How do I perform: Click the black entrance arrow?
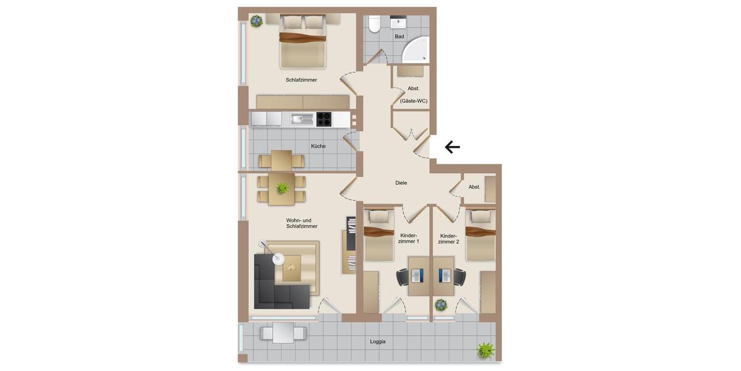click(x=453, y=147)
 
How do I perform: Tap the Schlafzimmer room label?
click(x=301, y=80)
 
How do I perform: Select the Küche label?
click(x=318, y=147)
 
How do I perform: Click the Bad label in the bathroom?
click(x=400, y=36)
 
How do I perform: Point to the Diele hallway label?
click(x=401, y=183)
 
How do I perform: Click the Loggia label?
click(x=378, y=341)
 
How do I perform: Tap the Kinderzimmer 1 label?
click(x=409, y=239)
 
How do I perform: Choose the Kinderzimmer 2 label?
click(x=448, y=239)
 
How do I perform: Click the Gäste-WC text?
click(x=414, y=101)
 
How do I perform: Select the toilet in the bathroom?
click(x=374, y=23)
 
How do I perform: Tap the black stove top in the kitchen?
click(x=324, y=119)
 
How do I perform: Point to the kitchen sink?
click(x=303, y=119)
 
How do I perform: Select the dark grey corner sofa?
click(x=278, y=284)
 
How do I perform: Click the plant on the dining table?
click(x=283, y=187)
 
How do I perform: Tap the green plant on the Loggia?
click(x=486, y=351)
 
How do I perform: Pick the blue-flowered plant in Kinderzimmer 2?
click(x=441, y=305)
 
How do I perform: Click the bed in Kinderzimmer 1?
click(x=379, y=235)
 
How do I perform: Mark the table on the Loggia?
click(x=283, y=333)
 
